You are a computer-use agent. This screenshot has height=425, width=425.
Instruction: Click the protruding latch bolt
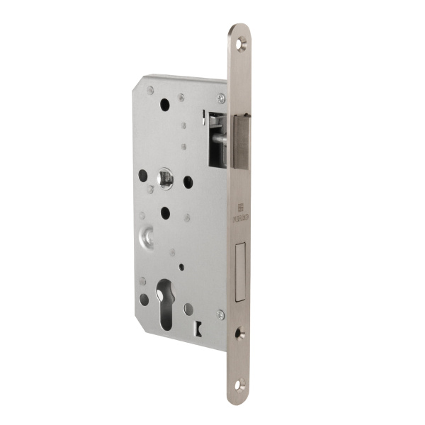(241, 142)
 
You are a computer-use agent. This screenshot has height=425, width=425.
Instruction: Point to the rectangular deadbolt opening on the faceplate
(239, 272)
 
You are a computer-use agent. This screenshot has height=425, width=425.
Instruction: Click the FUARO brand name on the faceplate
(239, 220)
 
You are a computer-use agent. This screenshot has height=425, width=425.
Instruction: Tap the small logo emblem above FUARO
(239, 208)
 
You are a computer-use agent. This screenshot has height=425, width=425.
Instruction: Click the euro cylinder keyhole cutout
(166, 303)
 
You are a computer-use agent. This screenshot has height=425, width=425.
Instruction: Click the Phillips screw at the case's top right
(222, 98)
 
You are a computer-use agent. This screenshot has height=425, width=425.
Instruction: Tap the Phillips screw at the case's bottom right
(220, 314)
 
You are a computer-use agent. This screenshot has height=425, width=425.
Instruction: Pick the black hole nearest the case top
(165, 104)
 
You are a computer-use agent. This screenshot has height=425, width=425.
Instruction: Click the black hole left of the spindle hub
(142, 174)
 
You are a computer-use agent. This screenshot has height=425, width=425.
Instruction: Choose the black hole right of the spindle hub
(188, 181)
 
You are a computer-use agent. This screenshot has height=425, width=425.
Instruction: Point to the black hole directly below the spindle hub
(165, 212)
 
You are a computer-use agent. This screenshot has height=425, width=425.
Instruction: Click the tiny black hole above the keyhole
(182, 268)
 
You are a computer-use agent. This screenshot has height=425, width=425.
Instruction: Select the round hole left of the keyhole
(144, 299)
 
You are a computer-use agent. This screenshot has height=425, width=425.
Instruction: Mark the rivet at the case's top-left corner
(150, 90)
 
